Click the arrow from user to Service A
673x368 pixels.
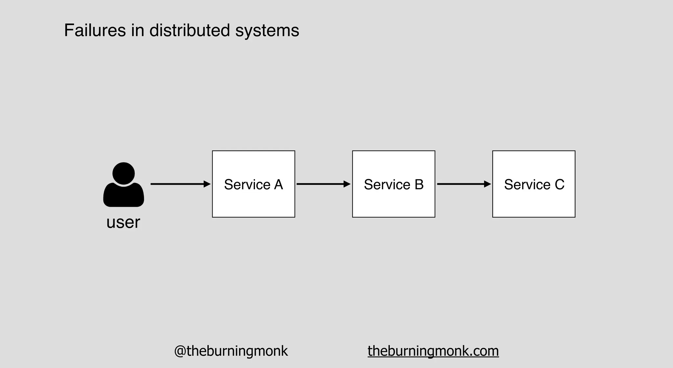(x=177, y=184)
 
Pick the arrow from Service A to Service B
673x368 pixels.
(x=320, y=184)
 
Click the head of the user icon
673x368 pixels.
(x=124, y=173)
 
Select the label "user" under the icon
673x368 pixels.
(x=123, y=222)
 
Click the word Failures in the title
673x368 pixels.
(x=95, y=30)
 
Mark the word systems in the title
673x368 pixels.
(x=267, y=30)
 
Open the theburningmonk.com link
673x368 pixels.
(x=433, y=351)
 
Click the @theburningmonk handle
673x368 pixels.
(x=231, y=351)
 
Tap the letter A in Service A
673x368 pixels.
(x=278, y=185)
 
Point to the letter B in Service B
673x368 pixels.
(x=419, y=185)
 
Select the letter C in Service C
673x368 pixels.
(x=559, y=185)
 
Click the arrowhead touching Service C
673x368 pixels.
(x=487, y=184)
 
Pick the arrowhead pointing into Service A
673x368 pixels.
(x=207, y=184)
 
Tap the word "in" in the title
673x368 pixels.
(x=138, y=30)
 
